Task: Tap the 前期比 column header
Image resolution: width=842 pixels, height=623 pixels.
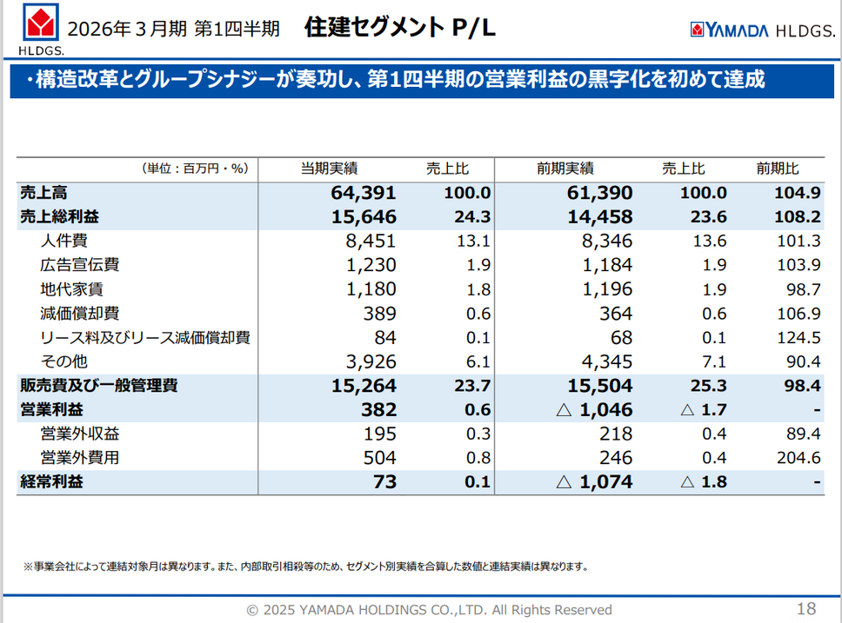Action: coord(777,169)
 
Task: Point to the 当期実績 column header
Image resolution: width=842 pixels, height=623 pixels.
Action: coord(330,169)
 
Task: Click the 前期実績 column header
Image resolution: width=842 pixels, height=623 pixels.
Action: coord(565,169)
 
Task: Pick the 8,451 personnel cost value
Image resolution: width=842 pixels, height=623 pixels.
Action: coord(371,241)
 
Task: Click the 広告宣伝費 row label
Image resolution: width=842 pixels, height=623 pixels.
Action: coord(79,265)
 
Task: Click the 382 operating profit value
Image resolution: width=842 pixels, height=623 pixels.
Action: coord(381,409)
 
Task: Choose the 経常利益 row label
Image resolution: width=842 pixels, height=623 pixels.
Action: coord(51,481)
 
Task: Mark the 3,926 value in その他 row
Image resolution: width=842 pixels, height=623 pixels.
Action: coord(371,361)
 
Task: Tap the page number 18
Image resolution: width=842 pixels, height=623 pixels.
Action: coord(805,608)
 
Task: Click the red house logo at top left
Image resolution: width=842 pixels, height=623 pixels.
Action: coord(36,26)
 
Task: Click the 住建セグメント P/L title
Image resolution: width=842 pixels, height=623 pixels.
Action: coord(400,28)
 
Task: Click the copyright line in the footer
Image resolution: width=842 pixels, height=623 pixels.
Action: coord(429,610)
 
